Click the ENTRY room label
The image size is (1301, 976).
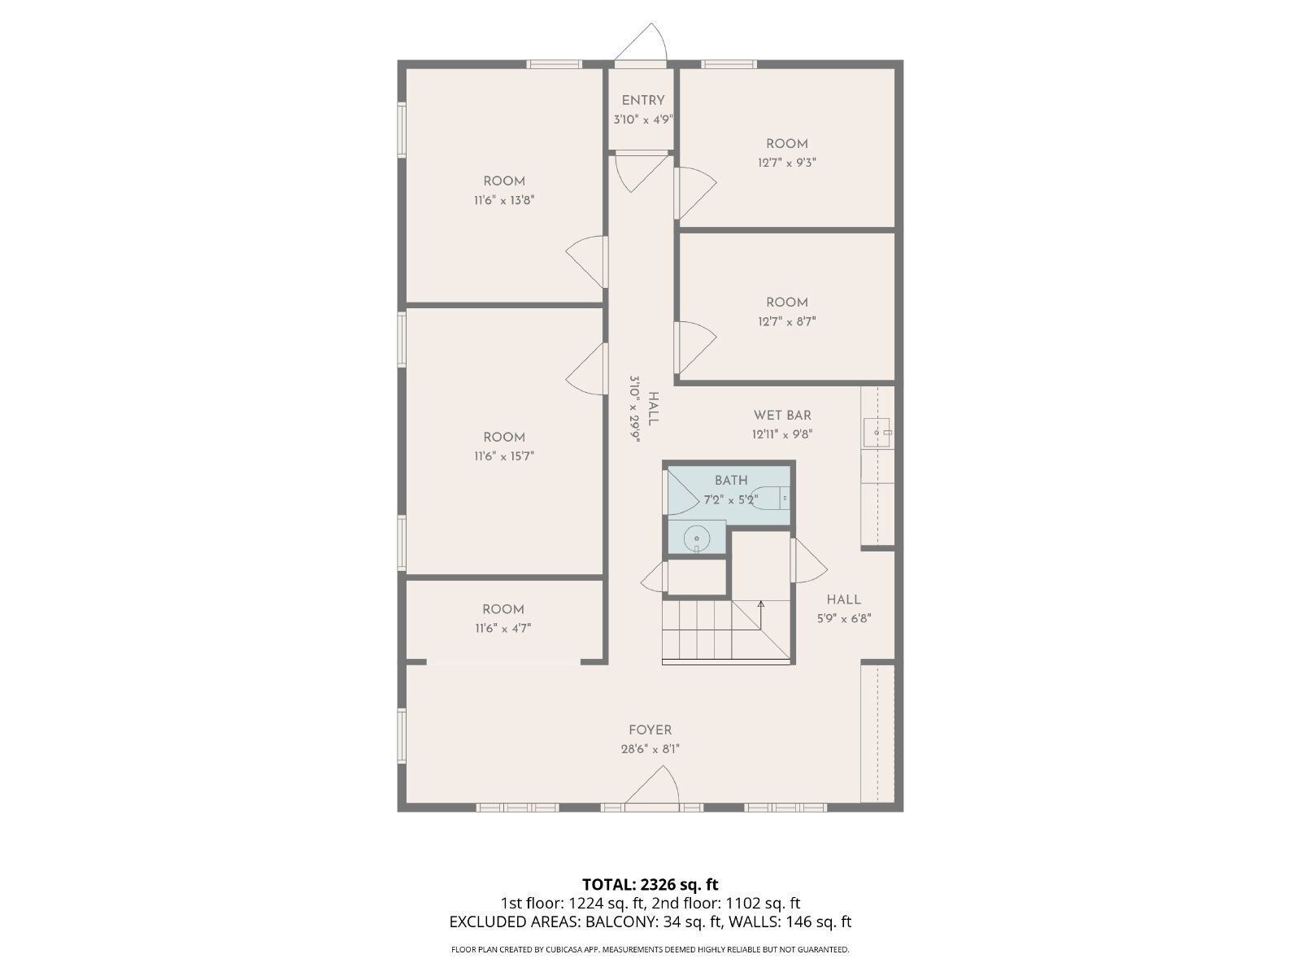643,101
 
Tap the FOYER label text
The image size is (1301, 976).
650,730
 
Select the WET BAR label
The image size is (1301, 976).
781,416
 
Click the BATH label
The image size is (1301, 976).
731,481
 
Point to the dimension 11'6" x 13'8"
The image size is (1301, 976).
504,200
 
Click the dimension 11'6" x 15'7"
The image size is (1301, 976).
504,456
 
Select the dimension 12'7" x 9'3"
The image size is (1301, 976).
786,163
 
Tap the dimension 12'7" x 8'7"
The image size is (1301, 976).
786,321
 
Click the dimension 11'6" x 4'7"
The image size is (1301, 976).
503,628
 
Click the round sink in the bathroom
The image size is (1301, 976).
697,538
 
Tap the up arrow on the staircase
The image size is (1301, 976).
761,604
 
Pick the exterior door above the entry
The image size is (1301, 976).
642,45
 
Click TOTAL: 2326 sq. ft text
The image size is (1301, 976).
650,884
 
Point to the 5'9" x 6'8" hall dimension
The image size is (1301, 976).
844,618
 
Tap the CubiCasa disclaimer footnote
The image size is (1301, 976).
650,949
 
